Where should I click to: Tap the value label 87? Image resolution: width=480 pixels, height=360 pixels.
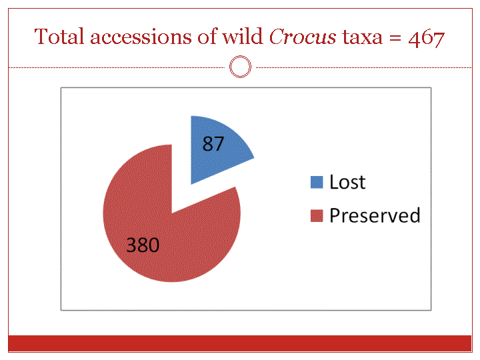click(213, 143)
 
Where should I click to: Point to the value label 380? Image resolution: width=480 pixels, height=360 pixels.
click(143, 245)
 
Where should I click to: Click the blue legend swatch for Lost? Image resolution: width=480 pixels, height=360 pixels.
click(317, 182)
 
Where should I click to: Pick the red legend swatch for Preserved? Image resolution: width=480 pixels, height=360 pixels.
click(317, 215)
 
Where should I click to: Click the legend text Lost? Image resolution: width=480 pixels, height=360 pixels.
click(347, 182)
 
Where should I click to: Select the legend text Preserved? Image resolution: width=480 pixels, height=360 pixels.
click(375, 215)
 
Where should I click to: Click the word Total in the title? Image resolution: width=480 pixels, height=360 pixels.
click(59, 37)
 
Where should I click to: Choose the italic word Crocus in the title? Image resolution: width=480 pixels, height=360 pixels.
click(303, 37)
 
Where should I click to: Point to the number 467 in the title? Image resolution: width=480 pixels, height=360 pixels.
click(426, 39)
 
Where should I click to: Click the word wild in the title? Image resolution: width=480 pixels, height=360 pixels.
click(242, 37)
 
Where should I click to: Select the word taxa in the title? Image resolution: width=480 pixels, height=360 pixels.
click(362, 38)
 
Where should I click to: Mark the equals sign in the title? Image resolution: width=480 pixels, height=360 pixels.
click(395, 38)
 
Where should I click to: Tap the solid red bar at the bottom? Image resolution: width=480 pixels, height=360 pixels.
click(240, 343)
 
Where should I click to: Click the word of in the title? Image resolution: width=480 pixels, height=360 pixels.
click(207, 37)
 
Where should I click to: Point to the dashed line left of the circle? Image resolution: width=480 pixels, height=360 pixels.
click(117, 67)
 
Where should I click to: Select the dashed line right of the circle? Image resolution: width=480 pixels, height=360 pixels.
click(363, 67)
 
